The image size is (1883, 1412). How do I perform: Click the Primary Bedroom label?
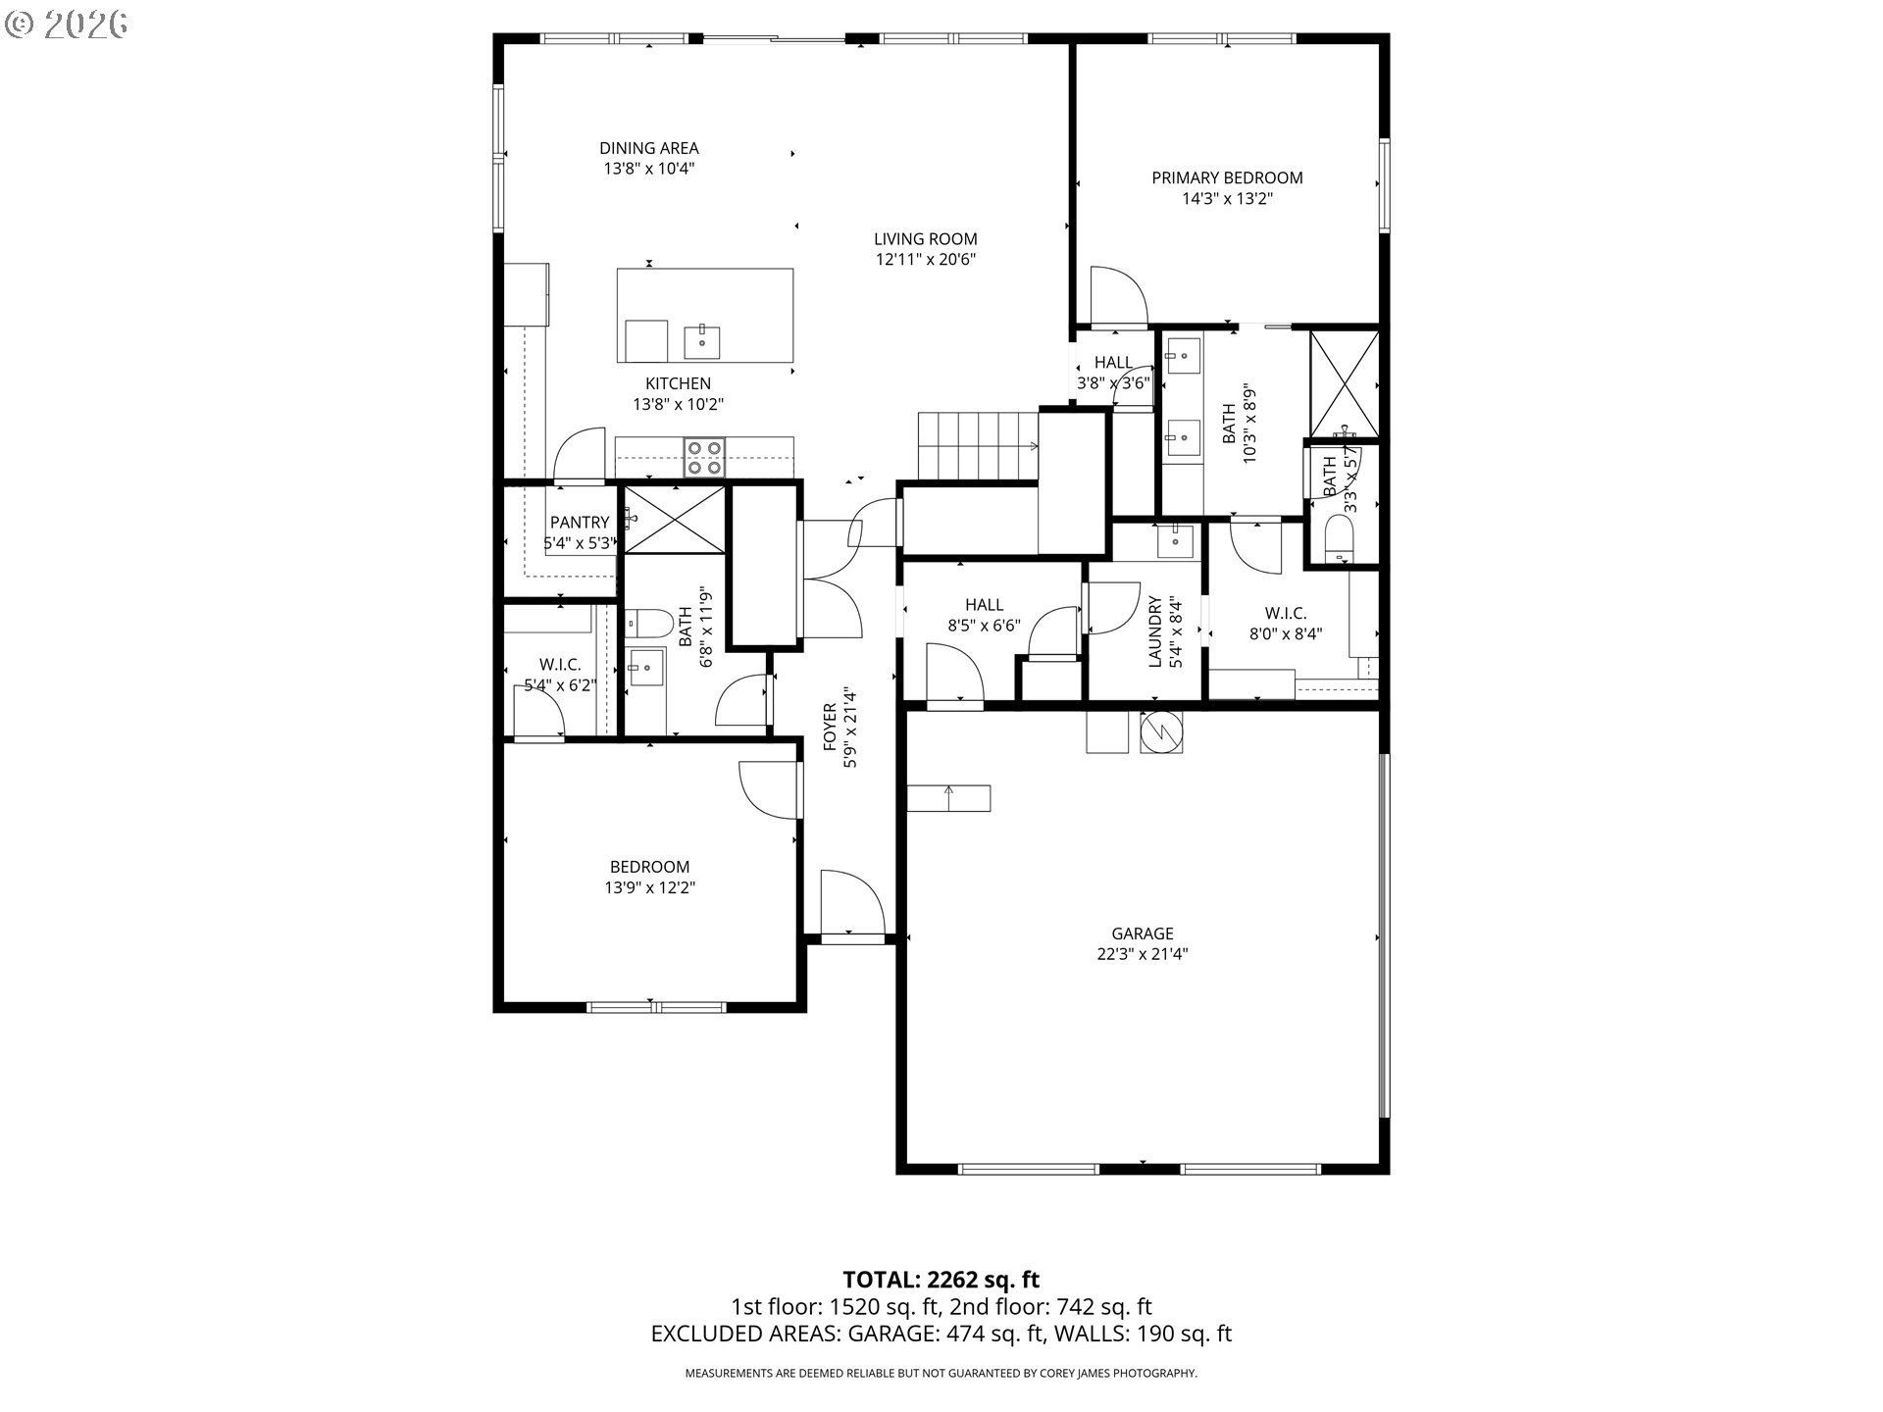point(1227,177)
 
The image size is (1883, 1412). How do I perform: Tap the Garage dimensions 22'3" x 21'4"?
point(1143,954)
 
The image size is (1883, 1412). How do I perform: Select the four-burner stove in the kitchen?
point(705,458)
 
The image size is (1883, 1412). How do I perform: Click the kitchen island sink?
point(702,341)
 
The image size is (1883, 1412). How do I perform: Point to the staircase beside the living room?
point(978,445)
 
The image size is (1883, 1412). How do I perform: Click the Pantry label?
point(580,523)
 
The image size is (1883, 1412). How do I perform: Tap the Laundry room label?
point(1155,631)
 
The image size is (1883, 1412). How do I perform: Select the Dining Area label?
point(649,148)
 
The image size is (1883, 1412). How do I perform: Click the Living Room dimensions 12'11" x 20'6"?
point(926,260)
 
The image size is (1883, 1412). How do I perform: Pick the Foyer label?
point(830,727)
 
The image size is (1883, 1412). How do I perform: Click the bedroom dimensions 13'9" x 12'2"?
point(650,888)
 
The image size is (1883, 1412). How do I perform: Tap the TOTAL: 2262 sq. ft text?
point(941,1280)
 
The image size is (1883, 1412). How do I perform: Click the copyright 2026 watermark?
point(67,24)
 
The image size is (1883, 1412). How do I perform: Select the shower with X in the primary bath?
point(1345,383)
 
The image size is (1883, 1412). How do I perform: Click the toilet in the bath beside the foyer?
point(647,622)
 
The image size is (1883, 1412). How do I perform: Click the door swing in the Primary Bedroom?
point(1118,296)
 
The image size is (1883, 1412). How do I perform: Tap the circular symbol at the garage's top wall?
point(1162,731)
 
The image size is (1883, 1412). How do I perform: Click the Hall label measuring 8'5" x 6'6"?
point(984,605)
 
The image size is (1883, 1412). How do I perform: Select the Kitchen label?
point(678,383)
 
